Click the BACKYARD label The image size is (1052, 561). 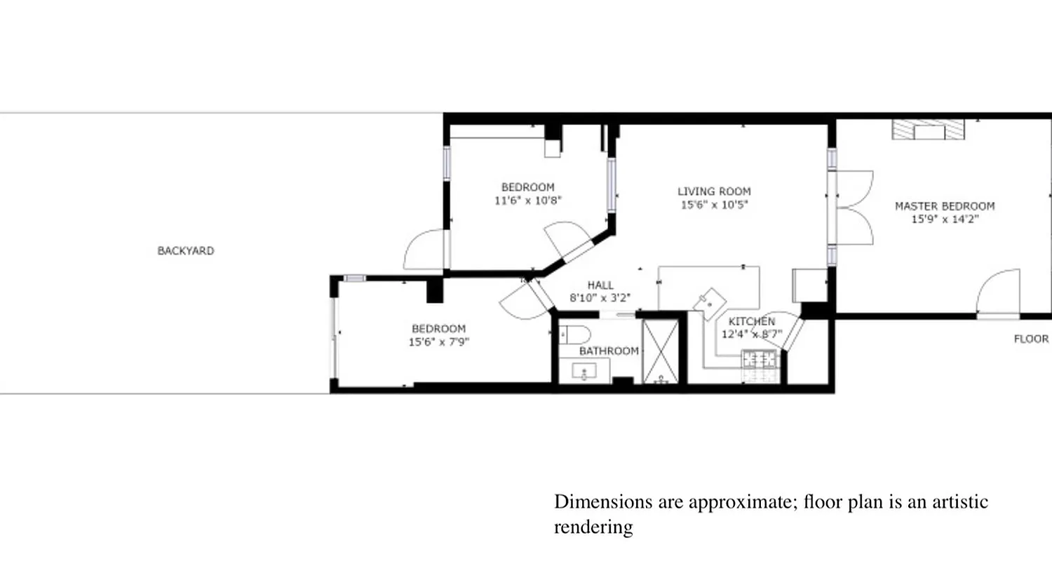tap(185, 250)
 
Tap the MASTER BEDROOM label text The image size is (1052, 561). tap(944, 206)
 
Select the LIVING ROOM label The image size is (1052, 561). tap(714, 191)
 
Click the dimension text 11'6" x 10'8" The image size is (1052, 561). tap(527, 201)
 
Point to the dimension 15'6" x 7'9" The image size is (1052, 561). tap(438, 342)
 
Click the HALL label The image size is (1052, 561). tap(600, 285)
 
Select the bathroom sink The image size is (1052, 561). tap(584, 370)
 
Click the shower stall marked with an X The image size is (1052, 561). tap(661, 351)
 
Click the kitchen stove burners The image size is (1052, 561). tap(761, 360)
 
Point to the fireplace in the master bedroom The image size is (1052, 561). tap(928, 130)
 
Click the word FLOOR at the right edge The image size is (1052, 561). tap(1031, 339)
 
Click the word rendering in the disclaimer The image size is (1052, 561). tap(593, 527)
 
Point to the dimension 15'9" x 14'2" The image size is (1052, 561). tap(944, 219)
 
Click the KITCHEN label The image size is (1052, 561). tap(751, 321)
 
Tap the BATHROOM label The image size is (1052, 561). tap(609, 351)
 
